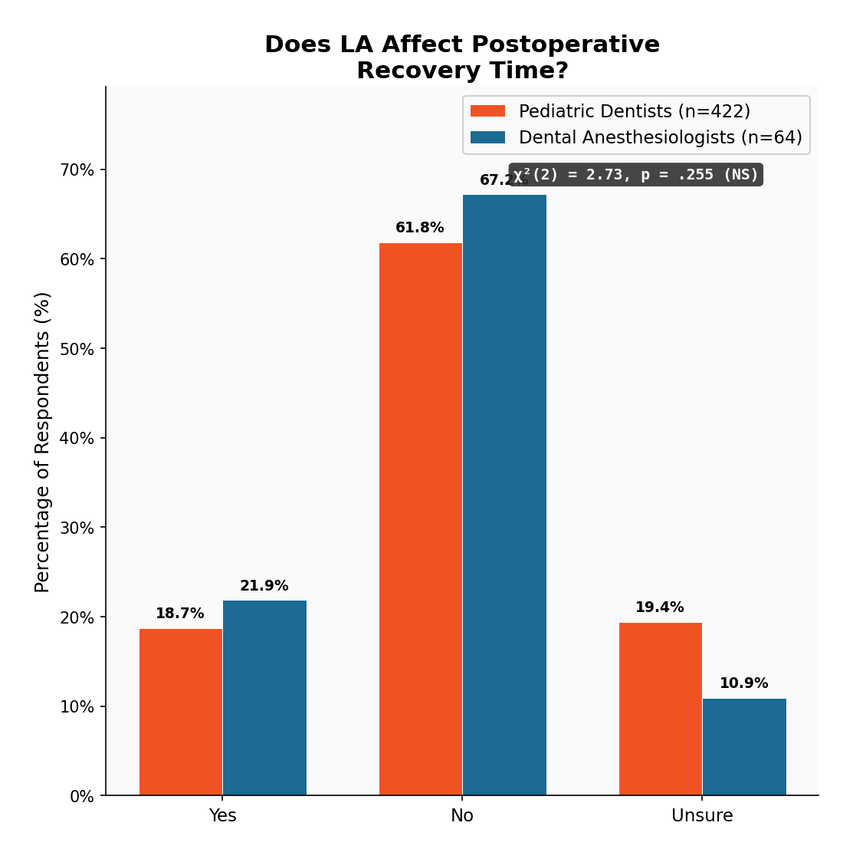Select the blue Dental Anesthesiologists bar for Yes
[264, 698]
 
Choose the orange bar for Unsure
[661, 709]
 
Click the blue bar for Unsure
[744, 747]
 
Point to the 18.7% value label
[180, 614]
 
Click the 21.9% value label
[264, 586]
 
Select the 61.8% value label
[420, 228]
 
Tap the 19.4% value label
[660, 607]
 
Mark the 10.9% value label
[744, 683]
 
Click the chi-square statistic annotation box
[636, 175]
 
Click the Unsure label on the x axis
[702, 816]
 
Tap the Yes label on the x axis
[223, 816]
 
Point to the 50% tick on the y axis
[77, 349]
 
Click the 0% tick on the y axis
[82, 797]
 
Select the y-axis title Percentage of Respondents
[43, 442]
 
